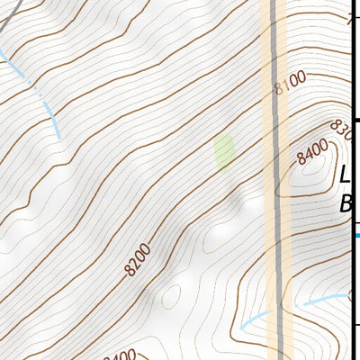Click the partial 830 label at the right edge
coord(341,130)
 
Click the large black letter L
coord(345,174)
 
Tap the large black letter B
coord(346,205)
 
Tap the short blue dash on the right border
coord(355,236)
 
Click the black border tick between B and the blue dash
coord(355,222)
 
